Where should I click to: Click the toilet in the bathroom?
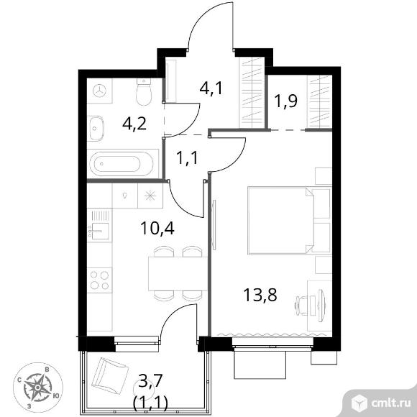[144, 92]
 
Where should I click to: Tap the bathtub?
[122, 164]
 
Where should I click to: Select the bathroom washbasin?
[96, 129]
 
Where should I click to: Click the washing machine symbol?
[100, 91]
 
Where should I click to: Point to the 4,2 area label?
[134, 123]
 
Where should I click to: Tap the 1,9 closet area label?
[286, 101]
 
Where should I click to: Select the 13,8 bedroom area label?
[260, 295]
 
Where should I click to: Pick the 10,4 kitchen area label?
[157, 228]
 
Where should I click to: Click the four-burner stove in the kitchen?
[100, 280]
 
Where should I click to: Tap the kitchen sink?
[99, 231]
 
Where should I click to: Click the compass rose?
[38, 387]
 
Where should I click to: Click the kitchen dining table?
[178, 274]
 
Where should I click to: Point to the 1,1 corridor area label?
[187, 157]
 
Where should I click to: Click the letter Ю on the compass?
[56, 396]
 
